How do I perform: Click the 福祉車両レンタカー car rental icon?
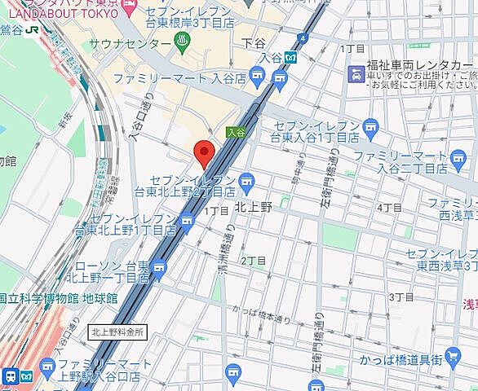pyautogui.click(x=356, y=75)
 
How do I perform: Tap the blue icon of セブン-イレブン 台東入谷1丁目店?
pyautogui.click(x=371, y=126)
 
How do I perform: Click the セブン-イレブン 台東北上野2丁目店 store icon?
pyautogui.click(x=246, y=181)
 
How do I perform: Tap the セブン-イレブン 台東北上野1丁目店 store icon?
pyautogui.click(x=188, y=221)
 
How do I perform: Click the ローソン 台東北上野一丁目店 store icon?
pyautogui.click(x=158, y=267)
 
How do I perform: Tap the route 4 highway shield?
pyautogui.click(x=303, y=37)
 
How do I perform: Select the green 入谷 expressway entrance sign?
pyautogui.click(x=236, y=131)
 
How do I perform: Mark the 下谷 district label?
pyautogui.click(x=255, y=42)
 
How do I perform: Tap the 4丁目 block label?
pyautogui.click(x=389, y=208)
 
